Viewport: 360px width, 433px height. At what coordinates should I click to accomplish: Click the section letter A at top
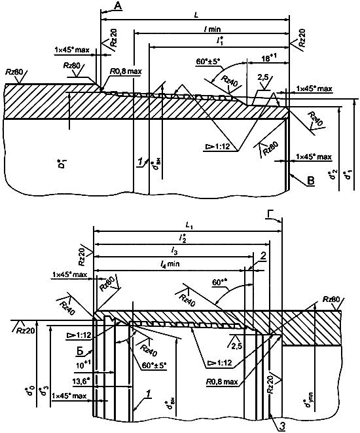[x=118, y=6]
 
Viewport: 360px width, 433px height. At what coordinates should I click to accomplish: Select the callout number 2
[x=262, y=255]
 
